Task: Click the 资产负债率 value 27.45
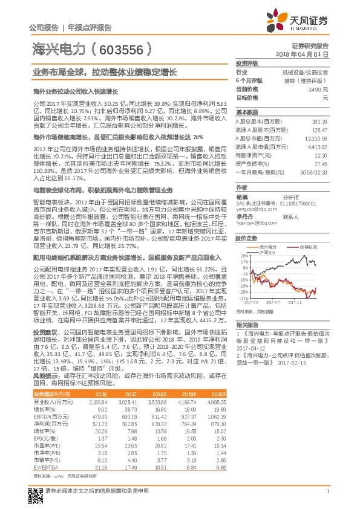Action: tap(320, 163)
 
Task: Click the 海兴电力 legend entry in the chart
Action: tap(269, 247)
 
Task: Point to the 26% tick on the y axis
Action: tap(243, 254)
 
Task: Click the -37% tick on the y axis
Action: tap(242, 298)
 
